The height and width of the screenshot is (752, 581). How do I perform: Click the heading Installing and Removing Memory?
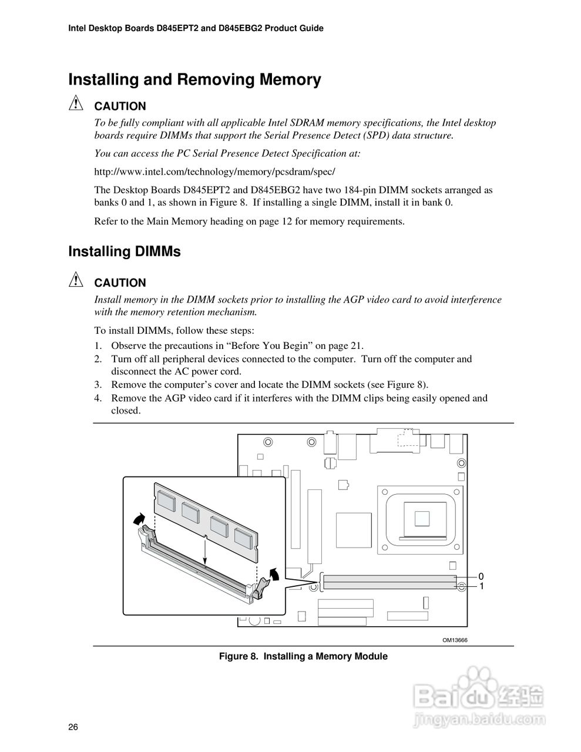(194, 80)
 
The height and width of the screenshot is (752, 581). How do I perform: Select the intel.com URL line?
(214, 172)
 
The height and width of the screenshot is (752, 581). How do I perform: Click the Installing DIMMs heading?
(125, 251)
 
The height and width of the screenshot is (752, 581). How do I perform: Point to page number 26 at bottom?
(73, 727)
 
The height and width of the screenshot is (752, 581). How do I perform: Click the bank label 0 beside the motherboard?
(481, 576)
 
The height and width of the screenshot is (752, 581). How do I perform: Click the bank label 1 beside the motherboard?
(481, 586)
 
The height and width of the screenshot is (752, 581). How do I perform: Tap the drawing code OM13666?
(455, 640)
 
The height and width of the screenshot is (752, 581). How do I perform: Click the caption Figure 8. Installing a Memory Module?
(303, 656)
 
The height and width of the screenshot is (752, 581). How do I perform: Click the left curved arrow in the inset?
(139, 518)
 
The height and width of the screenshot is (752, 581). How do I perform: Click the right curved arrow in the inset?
(273, 573)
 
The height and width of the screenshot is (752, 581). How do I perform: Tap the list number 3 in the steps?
(99, 385)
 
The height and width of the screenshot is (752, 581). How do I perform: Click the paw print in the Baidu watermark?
(476, 680)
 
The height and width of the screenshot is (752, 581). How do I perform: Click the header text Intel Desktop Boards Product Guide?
(196, 28)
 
